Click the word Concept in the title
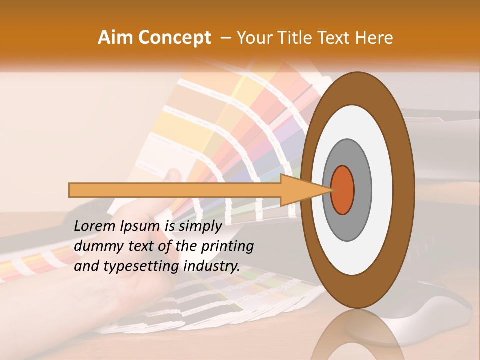tap(174, 38)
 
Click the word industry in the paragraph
tap(210, 266)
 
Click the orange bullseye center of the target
tap(343, 190)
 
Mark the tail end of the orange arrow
tap(72, 190)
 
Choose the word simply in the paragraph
tap(200, 227)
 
